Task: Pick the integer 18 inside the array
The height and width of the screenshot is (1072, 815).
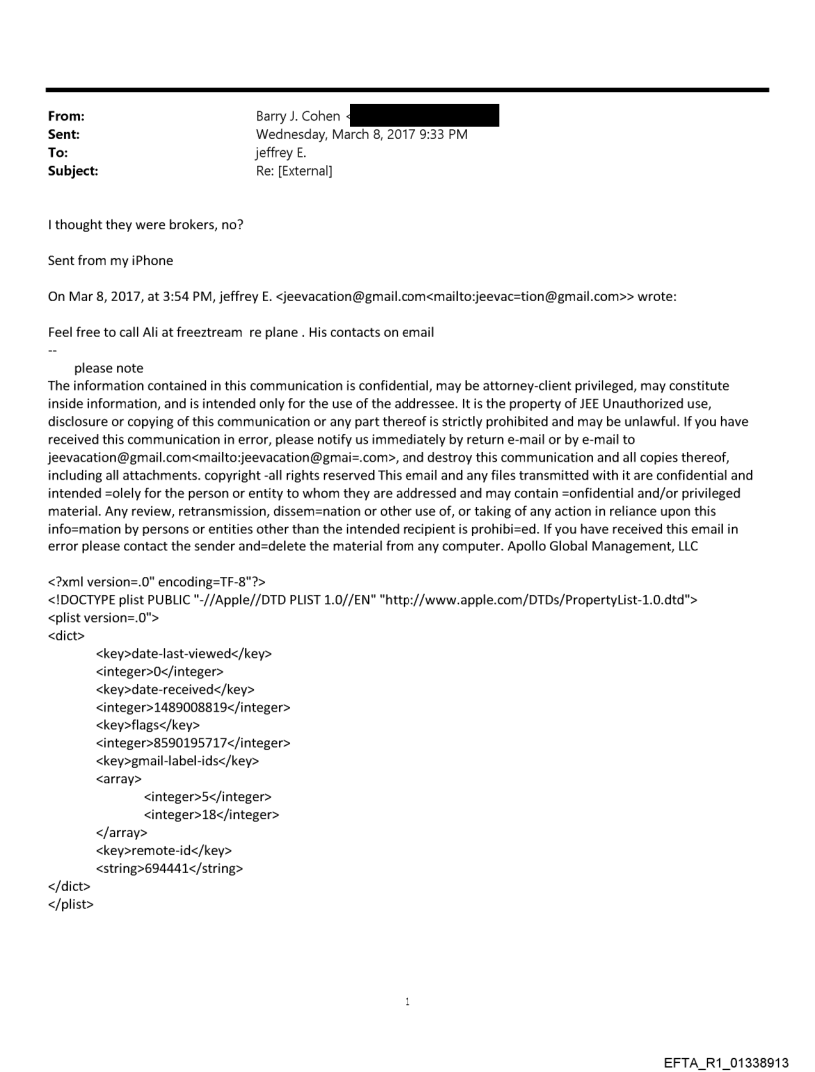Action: coord(211,815)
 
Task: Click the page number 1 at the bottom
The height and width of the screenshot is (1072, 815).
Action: coord(407,1001)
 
